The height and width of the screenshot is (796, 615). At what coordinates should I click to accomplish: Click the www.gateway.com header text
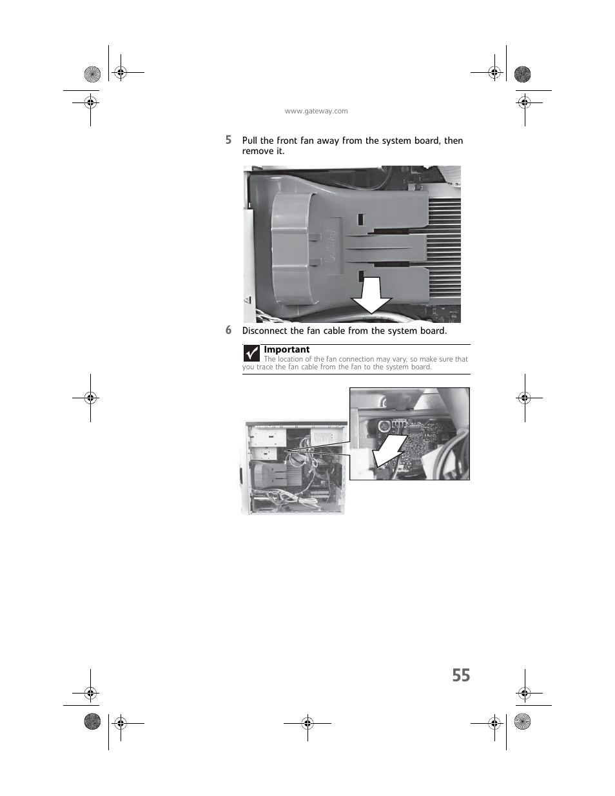[316, 111]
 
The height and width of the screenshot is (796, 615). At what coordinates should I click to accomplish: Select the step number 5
[228, 140]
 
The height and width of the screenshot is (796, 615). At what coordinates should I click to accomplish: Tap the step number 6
[228, 330]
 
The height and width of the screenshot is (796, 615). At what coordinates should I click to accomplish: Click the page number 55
[461, 675]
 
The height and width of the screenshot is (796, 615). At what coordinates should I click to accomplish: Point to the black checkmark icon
[251, 353]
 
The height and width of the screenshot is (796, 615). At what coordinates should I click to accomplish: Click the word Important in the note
[286, 349]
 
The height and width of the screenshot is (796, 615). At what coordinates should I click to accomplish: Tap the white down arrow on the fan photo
[371, 296]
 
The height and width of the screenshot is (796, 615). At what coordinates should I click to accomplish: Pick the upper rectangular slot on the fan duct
[361, 219]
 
